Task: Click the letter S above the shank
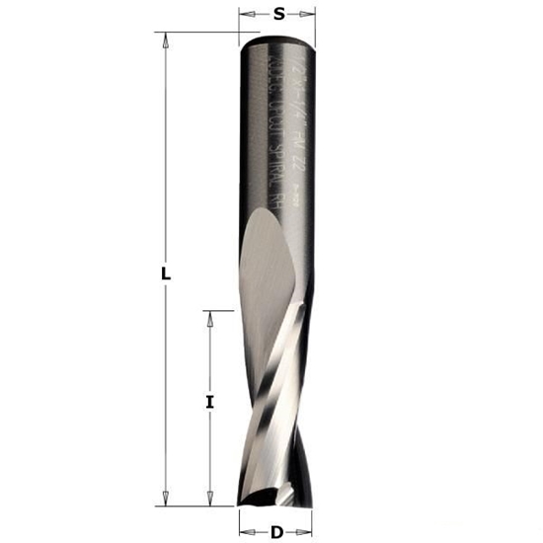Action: (278, 14)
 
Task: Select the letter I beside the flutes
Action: (209, 402)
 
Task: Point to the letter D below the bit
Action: (277, 533)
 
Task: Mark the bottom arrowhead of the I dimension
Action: (209, 499)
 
